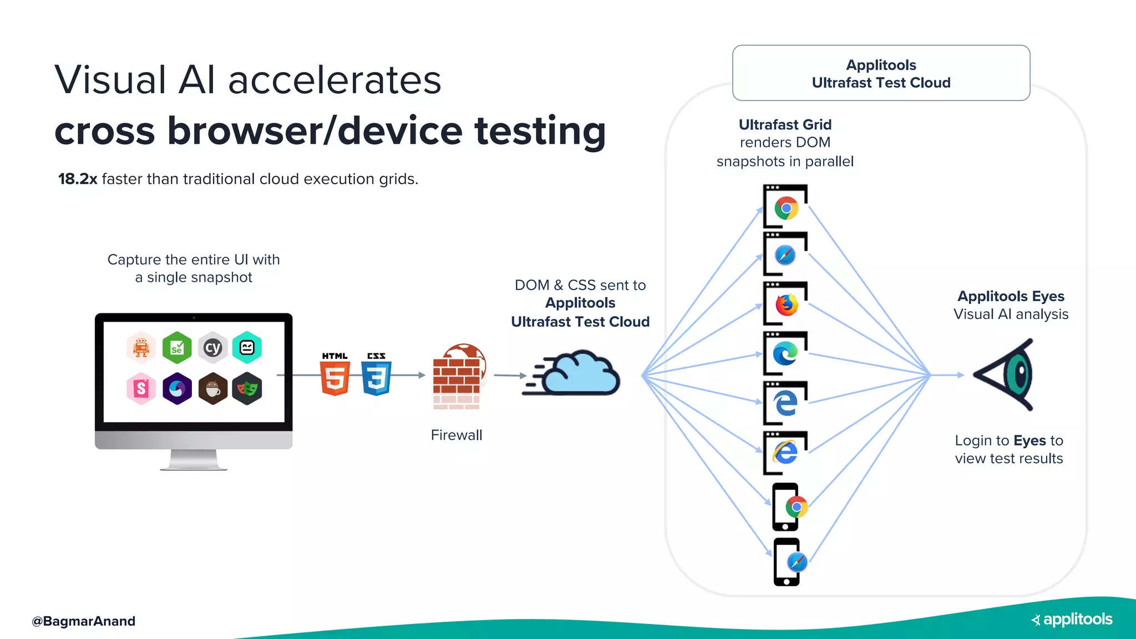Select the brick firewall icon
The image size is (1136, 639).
[458, 377]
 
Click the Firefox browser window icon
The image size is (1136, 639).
[785, 304]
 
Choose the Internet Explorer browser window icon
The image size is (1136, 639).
[785, 453]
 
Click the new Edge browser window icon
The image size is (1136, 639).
[785, 353]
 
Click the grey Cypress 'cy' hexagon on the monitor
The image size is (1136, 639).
[212, 348]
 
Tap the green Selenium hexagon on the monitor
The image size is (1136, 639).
[176, 348]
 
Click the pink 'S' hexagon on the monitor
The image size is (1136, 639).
[141, 388]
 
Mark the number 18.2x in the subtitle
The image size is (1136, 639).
[78, 179]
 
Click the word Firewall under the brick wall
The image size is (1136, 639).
[456, 435]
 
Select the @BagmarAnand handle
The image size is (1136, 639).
[83, 621]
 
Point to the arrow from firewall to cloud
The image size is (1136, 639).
[509, 376]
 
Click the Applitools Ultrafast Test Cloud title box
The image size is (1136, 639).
[881, 73]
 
